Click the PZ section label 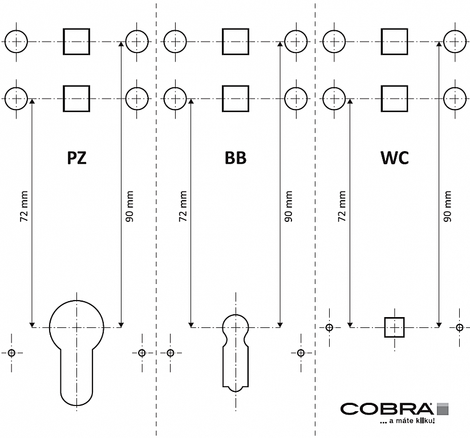(x=77, y=158)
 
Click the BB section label (x=235, y=158)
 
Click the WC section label (x=394, y=158)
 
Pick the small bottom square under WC (x=394, y=327)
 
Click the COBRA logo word (x=386, y=409)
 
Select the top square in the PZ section (x=76, y=41)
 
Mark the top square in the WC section (x=394, y=41)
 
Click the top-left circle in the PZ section (x=17, y=41)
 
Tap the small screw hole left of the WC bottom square (x=329, y=327)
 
